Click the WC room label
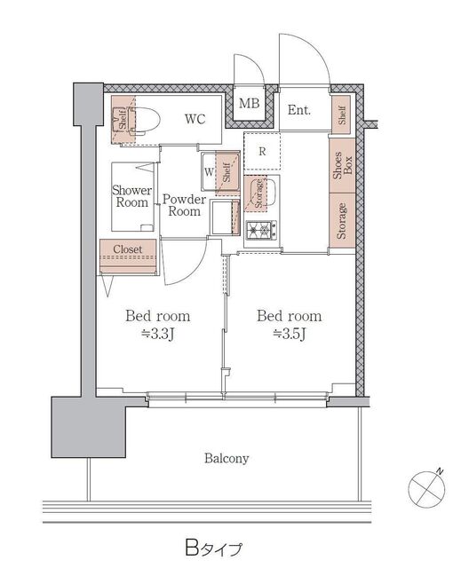(x=195, y=119)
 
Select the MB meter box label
(x=250, y=103)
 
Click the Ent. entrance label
(x=299, y=110)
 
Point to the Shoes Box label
(x=343, y=166)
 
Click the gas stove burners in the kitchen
(x=262, y=230)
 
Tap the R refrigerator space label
(x=262, y=152)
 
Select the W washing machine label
(x=209, y=172)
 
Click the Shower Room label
(x=131, y=196)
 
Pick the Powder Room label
(x=184, y=205)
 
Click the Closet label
(x=128, y=249)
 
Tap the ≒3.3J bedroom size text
(x=158, y=334)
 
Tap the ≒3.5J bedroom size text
(x=290, y=334)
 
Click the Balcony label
(x=227, y=458)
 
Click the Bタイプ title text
(x=213, y=548)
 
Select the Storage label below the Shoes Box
(x=341, y=221)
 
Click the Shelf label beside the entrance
(x=342, y=114)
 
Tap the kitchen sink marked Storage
(x=261, y=193)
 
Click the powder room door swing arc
(x=196, y=268)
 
